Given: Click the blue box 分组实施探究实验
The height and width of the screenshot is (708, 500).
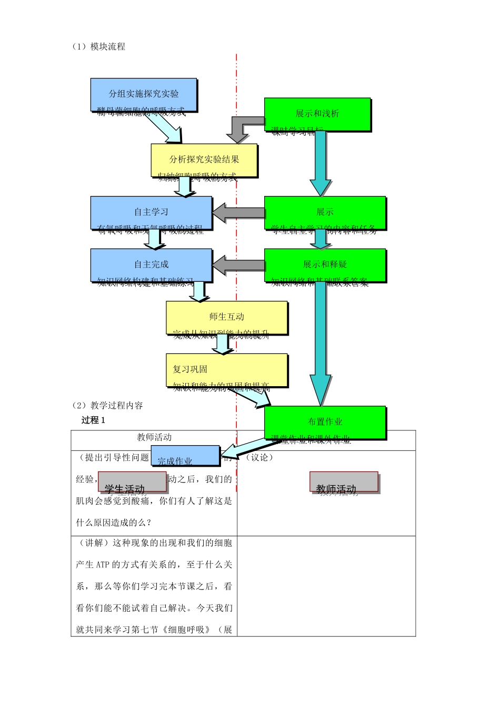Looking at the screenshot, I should [x=144, y=95].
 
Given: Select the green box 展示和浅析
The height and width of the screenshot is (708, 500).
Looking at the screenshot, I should [x=317, y=114].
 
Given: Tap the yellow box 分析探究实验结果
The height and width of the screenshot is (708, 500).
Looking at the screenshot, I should [x=204, y=160].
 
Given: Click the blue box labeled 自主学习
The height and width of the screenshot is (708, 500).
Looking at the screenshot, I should [x=151, y=213].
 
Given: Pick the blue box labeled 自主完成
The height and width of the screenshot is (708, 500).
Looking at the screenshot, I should [x=151, y=265].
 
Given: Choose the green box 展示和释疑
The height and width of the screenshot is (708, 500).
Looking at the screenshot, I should [x=325, y=265].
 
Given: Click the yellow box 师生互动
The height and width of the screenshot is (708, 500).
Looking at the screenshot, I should [x=227, y=317].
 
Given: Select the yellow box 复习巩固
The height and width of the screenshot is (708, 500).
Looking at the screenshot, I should [x=227, y=370].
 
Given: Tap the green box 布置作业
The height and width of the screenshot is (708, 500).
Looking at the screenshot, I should [x=325, y=422].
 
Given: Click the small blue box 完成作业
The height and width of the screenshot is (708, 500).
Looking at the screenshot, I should [x=185, y=456].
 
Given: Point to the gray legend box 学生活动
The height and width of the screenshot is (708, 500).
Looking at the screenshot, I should [x=132, y=482].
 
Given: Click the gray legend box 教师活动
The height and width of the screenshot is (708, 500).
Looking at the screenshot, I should [x=344, y=482].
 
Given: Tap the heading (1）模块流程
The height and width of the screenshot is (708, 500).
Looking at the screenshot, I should [x=98, y=46].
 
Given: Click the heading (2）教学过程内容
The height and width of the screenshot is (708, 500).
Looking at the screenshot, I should [x=107, y=405].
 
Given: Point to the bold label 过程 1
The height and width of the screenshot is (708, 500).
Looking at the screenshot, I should [x=93, y=420].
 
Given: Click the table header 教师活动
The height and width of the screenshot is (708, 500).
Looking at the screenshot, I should [x=154, y=437].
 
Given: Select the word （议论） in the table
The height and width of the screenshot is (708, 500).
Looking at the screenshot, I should [x=259, y=457].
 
